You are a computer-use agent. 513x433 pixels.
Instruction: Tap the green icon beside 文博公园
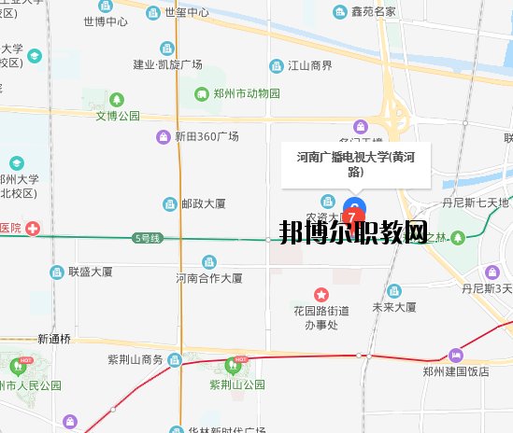tap(117, 99)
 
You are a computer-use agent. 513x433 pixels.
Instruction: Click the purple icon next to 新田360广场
tap(164, 137)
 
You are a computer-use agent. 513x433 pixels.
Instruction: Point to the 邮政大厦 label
tap(203, 203)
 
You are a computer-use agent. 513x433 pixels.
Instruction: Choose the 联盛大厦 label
tap(90, 272)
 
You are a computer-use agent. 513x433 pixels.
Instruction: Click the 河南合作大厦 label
tap(208, 278)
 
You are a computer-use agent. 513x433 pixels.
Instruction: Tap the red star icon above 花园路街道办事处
tap(321, 295)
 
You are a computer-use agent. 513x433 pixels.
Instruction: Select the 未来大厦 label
tap(393, 306)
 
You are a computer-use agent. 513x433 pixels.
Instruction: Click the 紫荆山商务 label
tap(135, 360)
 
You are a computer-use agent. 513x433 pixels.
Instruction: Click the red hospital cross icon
tap(33, 228)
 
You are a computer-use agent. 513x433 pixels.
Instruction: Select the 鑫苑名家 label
tap(373, 12)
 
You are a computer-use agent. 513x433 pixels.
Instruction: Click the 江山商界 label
tap(308, 65)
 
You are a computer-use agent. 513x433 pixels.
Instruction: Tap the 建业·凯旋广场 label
tap(167, 64)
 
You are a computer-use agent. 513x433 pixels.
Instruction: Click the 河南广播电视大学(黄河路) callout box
tap(355, 164)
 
